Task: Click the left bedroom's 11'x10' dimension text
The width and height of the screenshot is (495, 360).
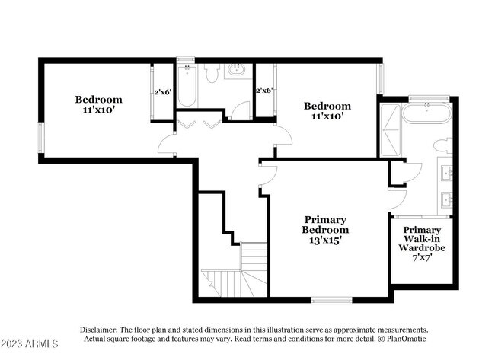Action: coord(98,110)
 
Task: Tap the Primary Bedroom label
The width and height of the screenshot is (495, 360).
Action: coord(325,223)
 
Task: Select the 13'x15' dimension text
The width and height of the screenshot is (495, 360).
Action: coord(325,239)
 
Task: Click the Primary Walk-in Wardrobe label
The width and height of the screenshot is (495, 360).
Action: coord(422,239)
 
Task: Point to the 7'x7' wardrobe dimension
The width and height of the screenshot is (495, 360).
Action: coord(422,257)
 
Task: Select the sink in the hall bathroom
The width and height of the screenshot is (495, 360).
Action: coord(238,71)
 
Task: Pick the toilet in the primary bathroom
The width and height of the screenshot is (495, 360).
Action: coord(442,145)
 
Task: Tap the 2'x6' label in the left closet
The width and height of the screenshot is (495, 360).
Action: coord(162,92)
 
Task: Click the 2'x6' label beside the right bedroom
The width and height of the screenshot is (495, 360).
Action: coord(263,91)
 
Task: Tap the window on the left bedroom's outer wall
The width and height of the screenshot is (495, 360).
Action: coord(42,140)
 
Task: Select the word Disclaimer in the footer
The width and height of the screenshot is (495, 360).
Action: coord(101,330)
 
